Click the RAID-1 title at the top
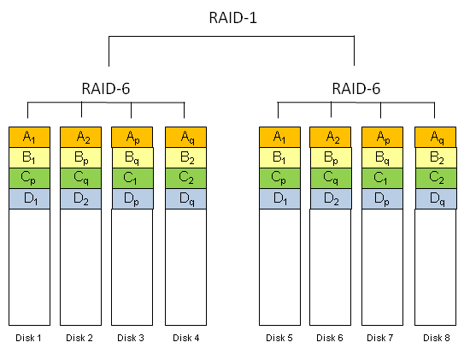coord(233,18)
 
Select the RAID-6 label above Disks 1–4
coord(106,89)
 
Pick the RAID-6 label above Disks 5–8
coord(356,89)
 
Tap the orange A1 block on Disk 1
coord(29,137)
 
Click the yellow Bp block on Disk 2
coord(81,158)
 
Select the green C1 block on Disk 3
coord(132,178)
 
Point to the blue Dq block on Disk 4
coord(185,198)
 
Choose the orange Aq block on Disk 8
coord(436,137)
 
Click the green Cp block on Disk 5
coord(280,178)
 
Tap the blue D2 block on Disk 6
coord(331,198)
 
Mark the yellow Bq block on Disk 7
coord(383,158)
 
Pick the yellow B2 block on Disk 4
coord(185,158)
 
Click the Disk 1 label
coord(28,338)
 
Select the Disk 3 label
coord(131,338)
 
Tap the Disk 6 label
coord(330,338)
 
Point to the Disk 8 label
coord(437,338)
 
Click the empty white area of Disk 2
coord(80,267)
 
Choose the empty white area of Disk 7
coord(382,267)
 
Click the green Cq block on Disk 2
coord(81,178)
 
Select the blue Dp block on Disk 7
coord(383,198)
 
